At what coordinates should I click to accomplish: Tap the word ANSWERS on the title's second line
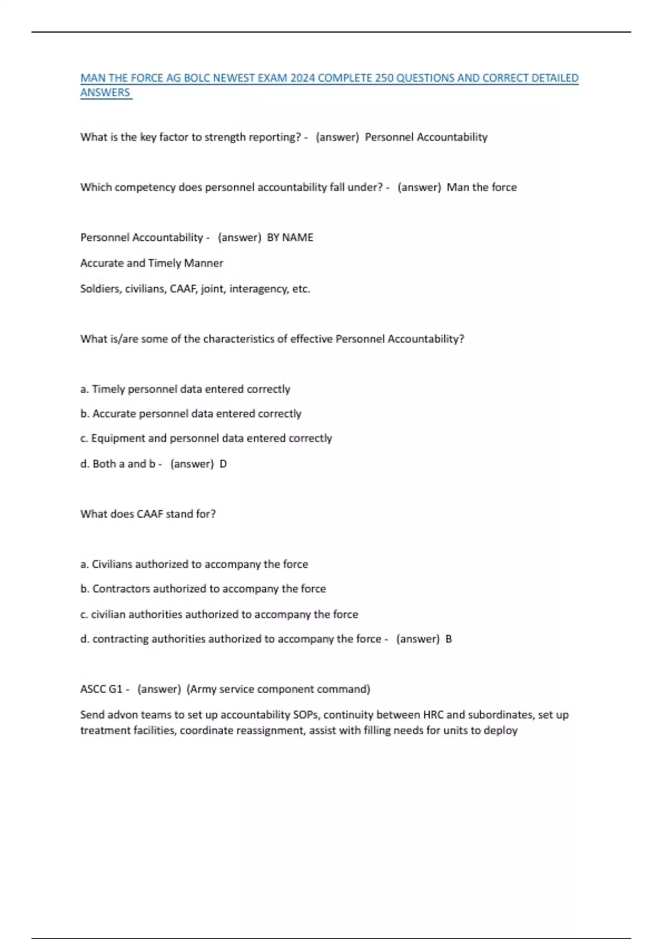105,92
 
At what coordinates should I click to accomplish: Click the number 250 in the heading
384,78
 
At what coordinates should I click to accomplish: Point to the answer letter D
223,464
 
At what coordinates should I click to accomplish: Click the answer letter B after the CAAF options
449,639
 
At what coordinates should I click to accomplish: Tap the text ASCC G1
101,689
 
